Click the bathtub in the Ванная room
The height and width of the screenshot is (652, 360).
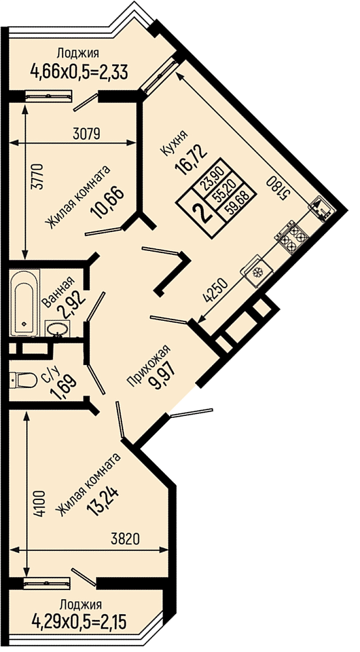(25, 303)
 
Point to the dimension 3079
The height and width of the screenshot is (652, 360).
(85, 134)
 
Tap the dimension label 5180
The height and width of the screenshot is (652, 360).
(277, 188)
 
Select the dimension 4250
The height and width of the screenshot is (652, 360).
(216, 290)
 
